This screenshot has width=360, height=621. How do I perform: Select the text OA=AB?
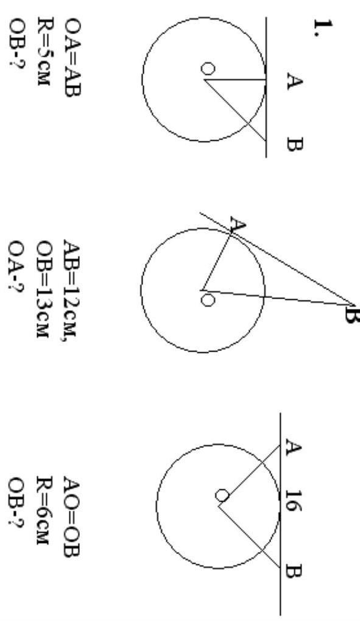tap(72, 57)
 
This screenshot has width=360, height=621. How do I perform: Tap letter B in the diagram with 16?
tap(294, 573)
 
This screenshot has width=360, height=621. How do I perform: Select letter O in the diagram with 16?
tap(222, 495)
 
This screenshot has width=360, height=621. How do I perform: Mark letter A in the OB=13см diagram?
tap(238, 225)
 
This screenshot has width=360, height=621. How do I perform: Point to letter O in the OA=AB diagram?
tap(208, 68)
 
